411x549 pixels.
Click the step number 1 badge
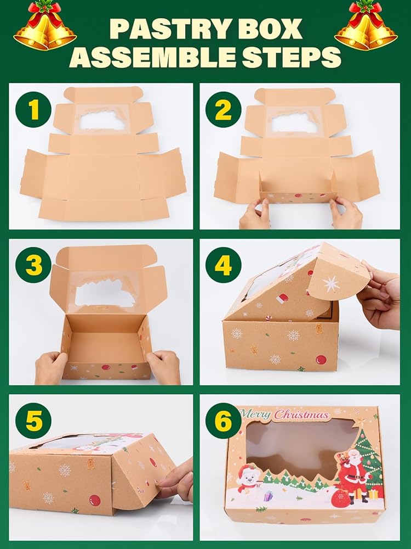click(x=33, y=110)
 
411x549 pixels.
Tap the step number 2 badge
click(x=224, y=110)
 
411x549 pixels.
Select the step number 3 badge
click(x=33, y=265)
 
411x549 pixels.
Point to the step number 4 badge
click(x=224, y=265)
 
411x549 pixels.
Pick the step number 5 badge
click(x=33, y=421)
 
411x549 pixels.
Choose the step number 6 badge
click(x=224, y=421)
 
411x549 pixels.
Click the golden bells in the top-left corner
click(x=45, y=26)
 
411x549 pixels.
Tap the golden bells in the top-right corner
click(x=366, y=26)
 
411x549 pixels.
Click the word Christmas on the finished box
click(x=301, y=415)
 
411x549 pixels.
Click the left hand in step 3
click(x=51, y=368)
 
